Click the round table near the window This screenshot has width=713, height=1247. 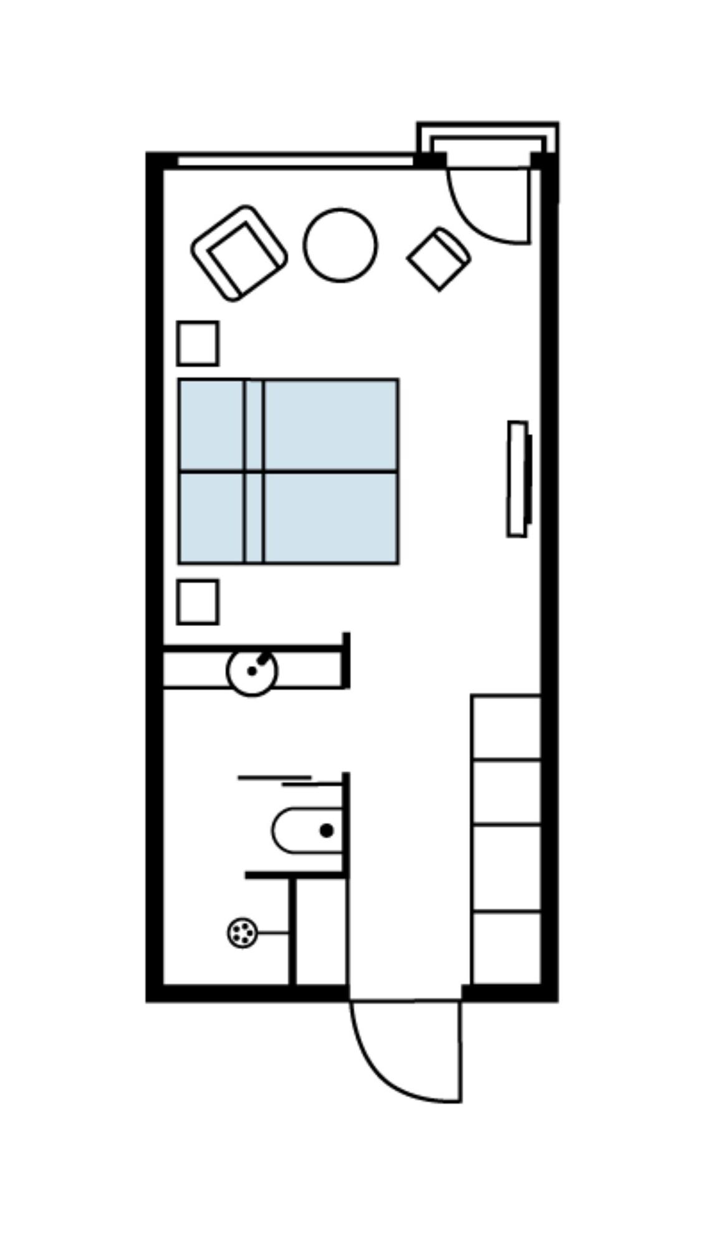tap(340, 245)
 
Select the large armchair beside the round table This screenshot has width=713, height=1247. tap(239, 253)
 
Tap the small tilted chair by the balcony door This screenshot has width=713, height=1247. tap(439, 258)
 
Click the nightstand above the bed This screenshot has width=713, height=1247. tap(198, 343)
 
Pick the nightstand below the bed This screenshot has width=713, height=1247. tap(198, 602)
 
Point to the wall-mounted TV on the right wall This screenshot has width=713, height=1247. tap(518, 478)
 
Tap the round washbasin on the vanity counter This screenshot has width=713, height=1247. tap(252, 672)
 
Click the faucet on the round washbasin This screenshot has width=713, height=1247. tap(264, 658)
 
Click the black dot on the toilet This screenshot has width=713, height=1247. tap(326, 830)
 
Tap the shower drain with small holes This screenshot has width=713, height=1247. tap(242, 933)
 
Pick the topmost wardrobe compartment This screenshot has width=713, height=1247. tap(506, 727)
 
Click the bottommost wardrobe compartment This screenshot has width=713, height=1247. tap(506, 948)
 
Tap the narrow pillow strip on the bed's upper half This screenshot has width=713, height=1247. tap(254, 425)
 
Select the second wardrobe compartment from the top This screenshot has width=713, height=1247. tap(506, 792)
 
